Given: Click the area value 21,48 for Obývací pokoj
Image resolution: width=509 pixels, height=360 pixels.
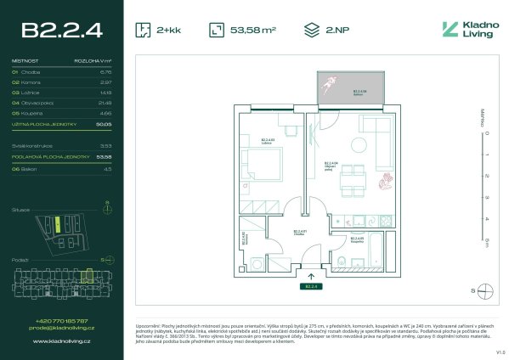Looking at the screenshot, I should (105, 102).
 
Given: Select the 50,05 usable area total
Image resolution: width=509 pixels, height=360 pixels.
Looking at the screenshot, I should (104, 123).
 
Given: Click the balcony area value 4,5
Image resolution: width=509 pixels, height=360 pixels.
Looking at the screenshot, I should (107, 169).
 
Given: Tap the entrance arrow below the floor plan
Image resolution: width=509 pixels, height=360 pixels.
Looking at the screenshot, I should (311, 275).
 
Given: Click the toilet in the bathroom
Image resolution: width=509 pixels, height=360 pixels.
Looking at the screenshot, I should (340, 262).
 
